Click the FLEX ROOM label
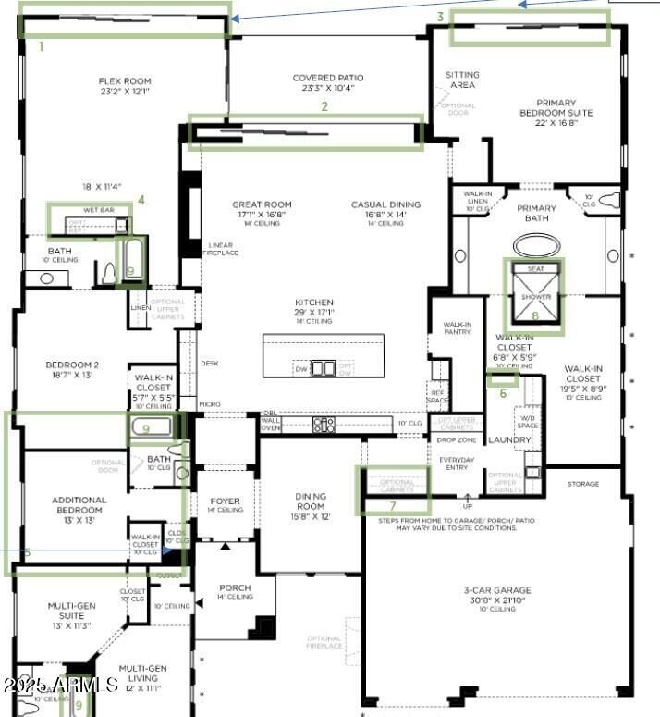[124, 81]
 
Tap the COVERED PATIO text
[328, 79]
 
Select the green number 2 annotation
[324, 106]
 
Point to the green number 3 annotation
[441, 17]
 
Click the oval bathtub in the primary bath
[536, 245]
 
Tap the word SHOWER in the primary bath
[535, 297]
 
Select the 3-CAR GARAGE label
[497, 589]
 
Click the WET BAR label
[99, 211]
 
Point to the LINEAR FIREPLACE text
[221, 248]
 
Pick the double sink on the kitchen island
[323, 368]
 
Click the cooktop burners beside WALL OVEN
[324, 426]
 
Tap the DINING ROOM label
[311, 501]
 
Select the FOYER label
[225, 501]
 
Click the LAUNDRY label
[507, 439]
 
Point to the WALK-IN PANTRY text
[458, 329]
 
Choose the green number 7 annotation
[392, 505]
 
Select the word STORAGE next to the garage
[583, 483]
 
